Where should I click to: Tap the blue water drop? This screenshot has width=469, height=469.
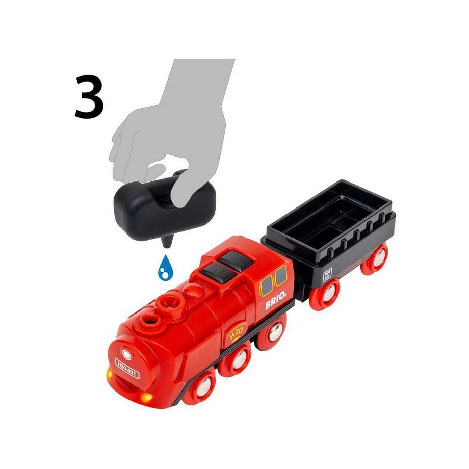[x=164, y=267]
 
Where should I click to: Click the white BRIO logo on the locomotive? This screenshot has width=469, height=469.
[x=276, y=301]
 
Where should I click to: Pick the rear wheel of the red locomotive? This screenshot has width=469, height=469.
[x=274, y=332]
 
